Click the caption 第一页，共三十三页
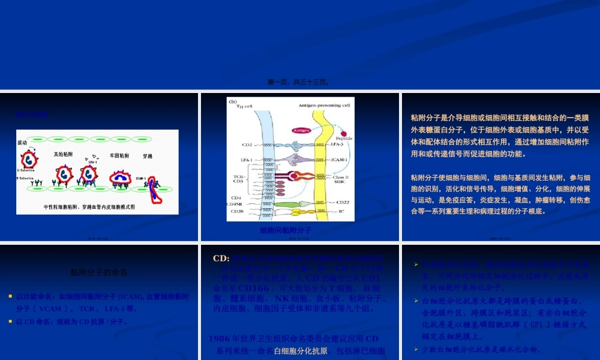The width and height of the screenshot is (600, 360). (298, 82)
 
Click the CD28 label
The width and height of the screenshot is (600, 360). (238, 211)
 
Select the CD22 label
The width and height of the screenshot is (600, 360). (343, 202)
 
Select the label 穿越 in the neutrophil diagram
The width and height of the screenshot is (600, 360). (148, 156)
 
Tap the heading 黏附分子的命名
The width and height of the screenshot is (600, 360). (99, 272)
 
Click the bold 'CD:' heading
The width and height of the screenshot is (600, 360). (221, 258)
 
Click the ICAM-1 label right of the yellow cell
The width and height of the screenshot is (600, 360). (339, 160)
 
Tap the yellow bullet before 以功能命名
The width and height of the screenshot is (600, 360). (10, 296)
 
